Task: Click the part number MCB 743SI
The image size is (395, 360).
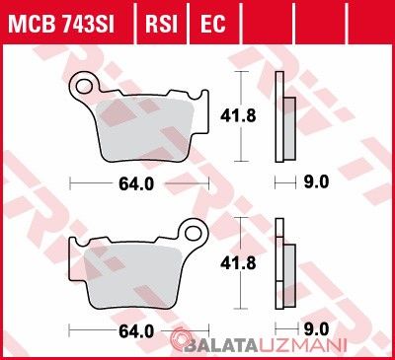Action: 61,24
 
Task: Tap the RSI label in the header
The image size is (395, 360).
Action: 162,24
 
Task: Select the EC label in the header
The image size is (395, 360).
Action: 213,24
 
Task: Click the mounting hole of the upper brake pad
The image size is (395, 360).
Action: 84,86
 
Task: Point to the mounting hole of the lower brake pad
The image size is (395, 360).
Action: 194,233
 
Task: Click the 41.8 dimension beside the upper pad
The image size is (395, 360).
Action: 238,115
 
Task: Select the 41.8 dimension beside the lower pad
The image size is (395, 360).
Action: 238,263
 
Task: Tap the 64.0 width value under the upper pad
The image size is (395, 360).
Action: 136,184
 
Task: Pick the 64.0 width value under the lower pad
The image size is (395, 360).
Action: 136,331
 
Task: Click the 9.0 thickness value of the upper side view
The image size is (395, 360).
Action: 316,181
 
